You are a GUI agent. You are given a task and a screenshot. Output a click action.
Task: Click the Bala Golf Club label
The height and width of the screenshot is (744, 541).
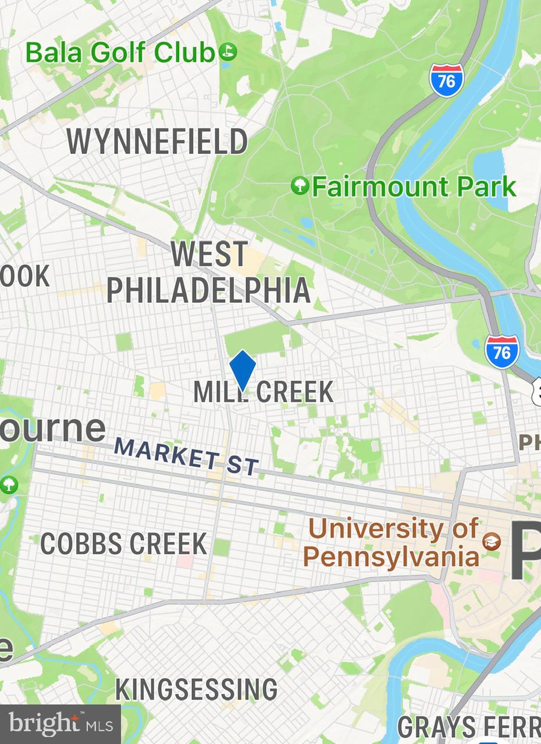120,53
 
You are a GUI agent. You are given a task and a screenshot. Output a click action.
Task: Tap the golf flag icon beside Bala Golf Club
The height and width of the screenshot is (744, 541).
228,53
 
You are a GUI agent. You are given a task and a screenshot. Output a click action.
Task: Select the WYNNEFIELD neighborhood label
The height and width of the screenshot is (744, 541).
157,142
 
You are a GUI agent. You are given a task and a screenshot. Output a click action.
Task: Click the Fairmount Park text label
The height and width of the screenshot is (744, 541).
414,187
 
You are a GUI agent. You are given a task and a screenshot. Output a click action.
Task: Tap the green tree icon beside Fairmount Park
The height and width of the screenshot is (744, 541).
300,187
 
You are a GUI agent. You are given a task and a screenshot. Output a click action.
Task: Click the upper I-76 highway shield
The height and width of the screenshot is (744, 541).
447,80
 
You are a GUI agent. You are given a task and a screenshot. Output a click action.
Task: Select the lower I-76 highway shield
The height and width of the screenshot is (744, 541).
501,352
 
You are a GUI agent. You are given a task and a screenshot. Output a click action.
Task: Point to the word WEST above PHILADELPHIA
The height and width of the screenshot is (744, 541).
209,254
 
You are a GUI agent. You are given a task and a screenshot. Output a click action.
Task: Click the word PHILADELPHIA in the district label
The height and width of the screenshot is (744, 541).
208,289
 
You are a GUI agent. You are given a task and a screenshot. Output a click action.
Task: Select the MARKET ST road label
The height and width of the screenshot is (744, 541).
186,457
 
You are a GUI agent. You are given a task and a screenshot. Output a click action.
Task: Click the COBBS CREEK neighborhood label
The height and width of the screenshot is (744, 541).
123,544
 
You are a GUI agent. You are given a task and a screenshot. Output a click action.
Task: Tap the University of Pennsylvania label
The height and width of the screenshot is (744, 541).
391,542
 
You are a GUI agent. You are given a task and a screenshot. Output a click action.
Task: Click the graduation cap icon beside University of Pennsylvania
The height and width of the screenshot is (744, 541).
492,542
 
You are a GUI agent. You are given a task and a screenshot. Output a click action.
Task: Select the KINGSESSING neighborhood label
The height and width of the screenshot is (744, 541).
195,689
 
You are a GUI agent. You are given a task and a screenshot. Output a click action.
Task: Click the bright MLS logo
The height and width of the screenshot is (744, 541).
60,724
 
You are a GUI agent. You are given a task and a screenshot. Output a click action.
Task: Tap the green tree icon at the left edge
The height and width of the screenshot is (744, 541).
9,484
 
